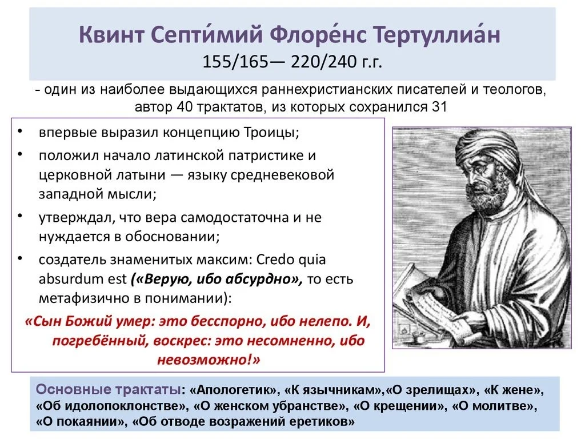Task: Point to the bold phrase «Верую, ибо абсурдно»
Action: [215, 280]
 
